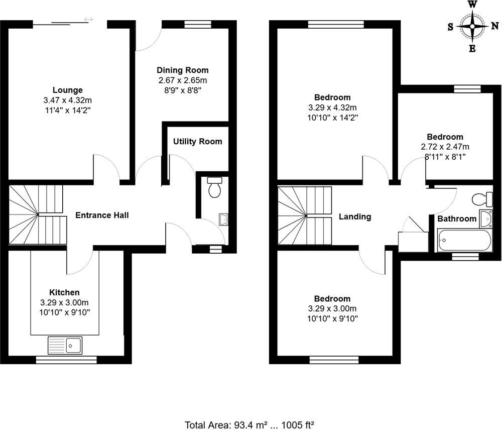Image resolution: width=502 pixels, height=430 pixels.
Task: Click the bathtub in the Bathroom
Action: coord(464,241)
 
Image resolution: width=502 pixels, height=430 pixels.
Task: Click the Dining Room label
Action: coord(182,70)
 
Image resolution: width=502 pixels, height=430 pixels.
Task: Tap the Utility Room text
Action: coord(197,142)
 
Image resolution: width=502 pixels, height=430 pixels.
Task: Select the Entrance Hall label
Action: coord(102,216)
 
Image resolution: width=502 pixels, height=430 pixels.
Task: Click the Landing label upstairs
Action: coord(355,217)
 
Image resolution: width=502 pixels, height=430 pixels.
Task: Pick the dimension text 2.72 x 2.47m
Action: coord(445,147)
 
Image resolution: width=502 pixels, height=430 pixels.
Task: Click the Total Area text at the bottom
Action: coord(249,424)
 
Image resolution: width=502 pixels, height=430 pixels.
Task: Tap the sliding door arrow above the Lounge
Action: coord(88,20)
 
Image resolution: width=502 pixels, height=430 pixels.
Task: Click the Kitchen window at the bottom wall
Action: coord(66,359)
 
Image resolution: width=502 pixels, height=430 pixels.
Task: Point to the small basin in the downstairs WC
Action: coord(224,219)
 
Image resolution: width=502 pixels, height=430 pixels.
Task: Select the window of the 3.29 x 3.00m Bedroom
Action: coord(334,359)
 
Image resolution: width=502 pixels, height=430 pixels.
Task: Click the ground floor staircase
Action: coord(38,215)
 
